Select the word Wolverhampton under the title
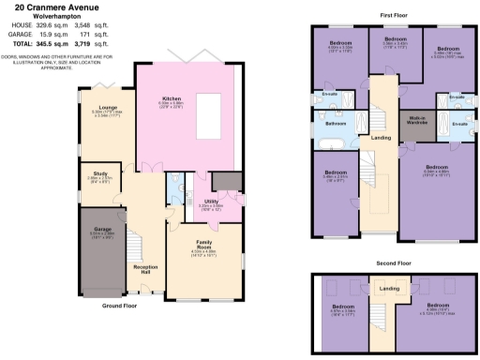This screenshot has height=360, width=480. click(52, 16)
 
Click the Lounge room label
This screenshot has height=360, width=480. click(99, 106)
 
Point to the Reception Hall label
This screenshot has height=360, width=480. click(144, 269)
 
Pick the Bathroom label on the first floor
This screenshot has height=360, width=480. click(337, 123)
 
